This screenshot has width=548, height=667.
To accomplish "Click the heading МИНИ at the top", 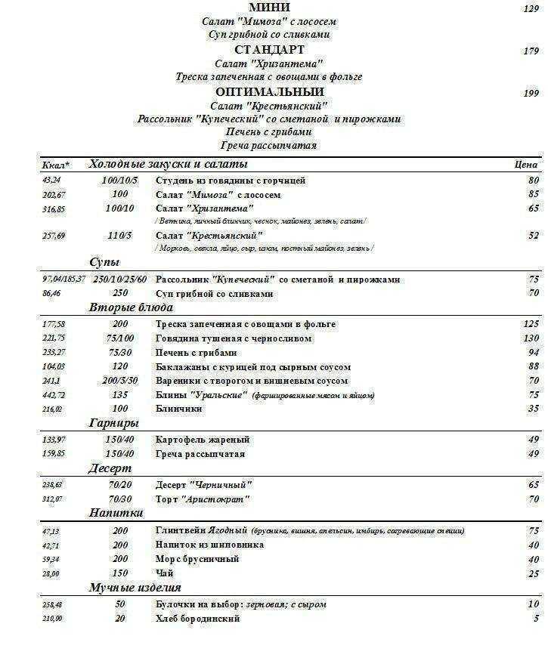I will coord(269,8).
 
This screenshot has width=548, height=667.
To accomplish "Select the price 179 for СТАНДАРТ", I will coord(531,51).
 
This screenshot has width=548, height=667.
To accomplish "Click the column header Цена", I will coord(525,164).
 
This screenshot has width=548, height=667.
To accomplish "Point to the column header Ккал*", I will coord(56,165).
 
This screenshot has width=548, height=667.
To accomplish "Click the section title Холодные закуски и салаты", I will coord(168,164).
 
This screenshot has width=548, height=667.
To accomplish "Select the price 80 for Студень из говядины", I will coord(534,180).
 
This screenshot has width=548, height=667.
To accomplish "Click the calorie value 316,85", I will coord(54,209).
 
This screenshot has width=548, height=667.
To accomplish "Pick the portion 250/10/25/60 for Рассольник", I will coord(120,279).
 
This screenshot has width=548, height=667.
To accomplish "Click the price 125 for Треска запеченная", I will coord(531,324).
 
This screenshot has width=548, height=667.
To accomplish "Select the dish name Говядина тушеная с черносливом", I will coord(233,338).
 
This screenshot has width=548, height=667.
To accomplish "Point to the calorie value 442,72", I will coord(54,396).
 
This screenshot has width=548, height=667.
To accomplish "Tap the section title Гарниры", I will coord(113,423).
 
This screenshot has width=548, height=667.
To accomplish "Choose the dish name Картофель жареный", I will coord(203,440).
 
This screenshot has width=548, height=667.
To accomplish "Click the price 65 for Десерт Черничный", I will coord(534,484).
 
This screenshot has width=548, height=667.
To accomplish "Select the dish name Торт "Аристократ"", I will coord(203,499).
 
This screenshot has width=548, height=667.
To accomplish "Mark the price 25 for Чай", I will coord(534,574).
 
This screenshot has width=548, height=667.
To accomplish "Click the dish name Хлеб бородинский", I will coord(197,619).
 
